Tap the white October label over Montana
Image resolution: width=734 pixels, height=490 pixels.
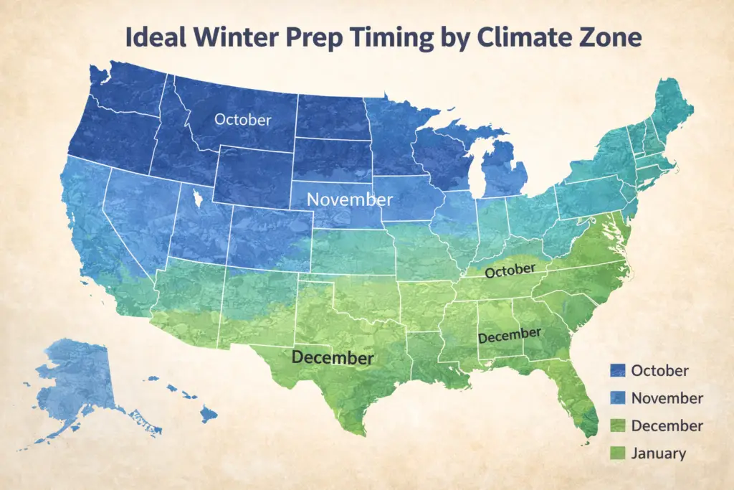[x=243, y=120]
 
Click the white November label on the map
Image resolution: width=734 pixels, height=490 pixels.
[x=350, y=199]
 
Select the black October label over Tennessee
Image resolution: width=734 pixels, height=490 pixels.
[x=510, y=271]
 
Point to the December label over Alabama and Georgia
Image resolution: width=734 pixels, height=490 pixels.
[x=510, y=335]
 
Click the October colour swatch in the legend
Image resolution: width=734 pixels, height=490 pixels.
[x=616, y=371]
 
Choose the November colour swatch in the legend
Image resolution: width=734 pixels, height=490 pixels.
[x=616, y=398]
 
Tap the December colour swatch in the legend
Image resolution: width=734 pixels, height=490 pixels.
[x=616, y=426]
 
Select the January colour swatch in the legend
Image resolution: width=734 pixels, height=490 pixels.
[x=616, y=453]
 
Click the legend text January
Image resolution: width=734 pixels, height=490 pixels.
[x=659, y=453]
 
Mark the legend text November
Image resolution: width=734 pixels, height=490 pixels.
[x=667, y=398]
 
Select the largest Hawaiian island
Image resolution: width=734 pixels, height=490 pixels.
[x=209, y=414]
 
